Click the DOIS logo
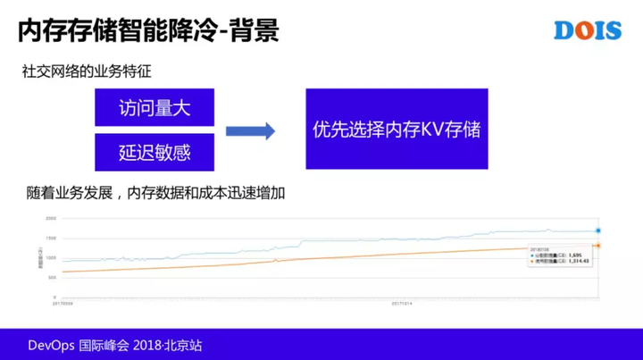[587, 29]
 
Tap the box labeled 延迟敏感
[154, 151]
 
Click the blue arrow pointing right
[249, 130]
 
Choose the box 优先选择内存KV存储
[397, 130]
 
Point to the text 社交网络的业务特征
[79, 71]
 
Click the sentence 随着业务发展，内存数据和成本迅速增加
[156, 193]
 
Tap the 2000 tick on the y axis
[50, 219]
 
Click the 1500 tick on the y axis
[50, 238]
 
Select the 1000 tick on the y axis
[50, 257]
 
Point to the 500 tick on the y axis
[51, 277]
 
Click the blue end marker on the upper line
[598, 230]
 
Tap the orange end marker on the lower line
[598, 245]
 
